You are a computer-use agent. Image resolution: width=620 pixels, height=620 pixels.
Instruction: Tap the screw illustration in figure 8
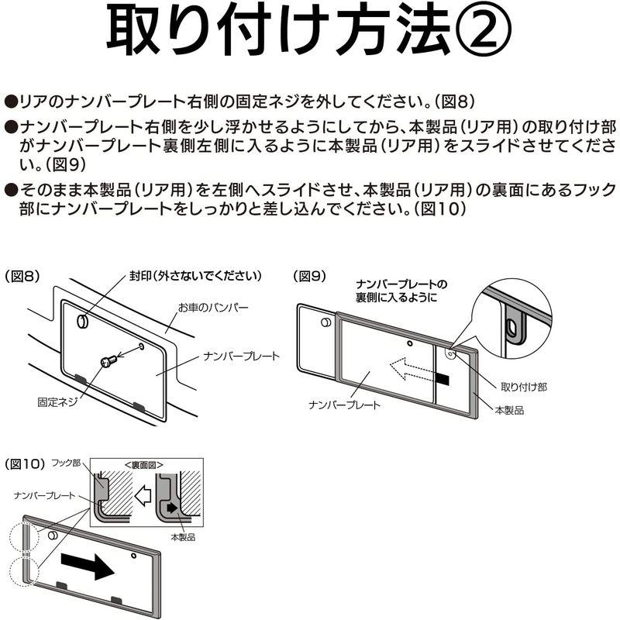pos(109,360)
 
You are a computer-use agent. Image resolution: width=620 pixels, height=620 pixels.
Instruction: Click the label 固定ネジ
pos(57,402)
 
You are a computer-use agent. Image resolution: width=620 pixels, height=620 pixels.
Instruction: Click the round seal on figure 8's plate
pos(83,319)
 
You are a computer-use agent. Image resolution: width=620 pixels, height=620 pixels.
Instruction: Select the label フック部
pos(66,464)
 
